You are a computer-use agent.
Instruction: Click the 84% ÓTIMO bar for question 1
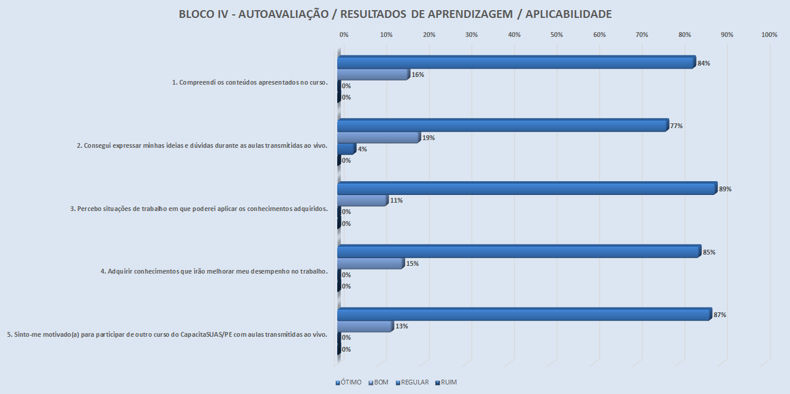click(x=516, y=63)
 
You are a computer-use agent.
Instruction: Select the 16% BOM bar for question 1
click(x=373, y=75)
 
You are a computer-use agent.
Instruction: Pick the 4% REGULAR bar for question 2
click(x=346, y=149)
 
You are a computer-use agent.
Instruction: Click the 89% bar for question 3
click(x=527, y=189)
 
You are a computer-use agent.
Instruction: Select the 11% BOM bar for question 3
click(x=362, y=200)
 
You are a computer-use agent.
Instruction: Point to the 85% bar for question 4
click(x=518, y=252)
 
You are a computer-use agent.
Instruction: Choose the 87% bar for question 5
click(x=524, y=315)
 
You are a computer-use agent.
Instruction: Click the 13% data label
click(x=402, y=326)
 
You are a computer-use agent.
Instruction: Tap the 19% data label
click(x=428, y=138)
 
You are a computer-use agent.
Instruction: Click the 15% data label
click(x=412, y=263)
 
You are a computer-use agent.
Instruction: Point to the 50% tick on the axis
click(x=556, y=35)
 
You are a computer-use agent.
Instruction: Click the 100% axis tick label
click(x=769, y=35)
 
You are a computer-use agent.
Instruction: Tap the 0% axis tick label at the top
click(x=344, y=35)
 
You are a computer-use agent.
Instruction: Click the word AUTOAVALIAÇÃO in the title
click(x=283, y=14)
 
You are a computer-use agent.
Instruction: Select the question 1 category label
click(x=250, y=82)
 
